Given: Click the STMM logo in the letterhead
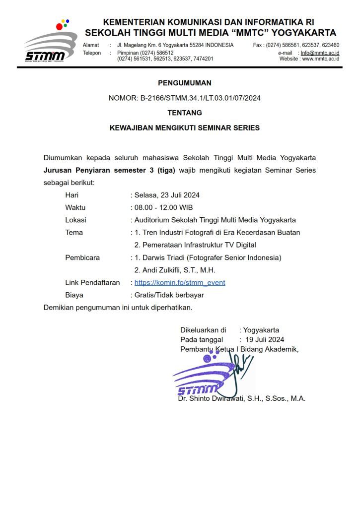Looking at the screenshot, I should click(x=50, y=42).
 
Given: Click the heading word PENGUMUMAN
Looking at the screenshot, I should click(x=185, y=83).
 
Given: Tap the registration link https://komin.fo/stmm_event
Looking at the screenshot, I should click(x=180, y=283).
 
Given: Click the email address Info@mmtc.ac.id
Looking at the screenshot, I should click(x=320, y=53).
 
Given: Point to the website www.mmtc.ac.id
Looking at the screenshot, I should click(x=321, y=59).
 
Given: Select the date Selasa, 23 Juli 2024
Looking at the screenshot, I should click(x=167, y=195).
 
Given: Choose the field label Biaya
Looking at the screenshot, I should click(x=74, y=295).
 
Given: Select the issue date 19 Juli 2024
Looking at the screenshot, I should click(x=265, y=340).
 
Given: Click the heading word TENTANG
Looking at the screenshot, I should click(x=185, y=113).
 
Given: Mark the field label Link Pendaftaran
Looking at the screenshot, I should click(x=93, y=283).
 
